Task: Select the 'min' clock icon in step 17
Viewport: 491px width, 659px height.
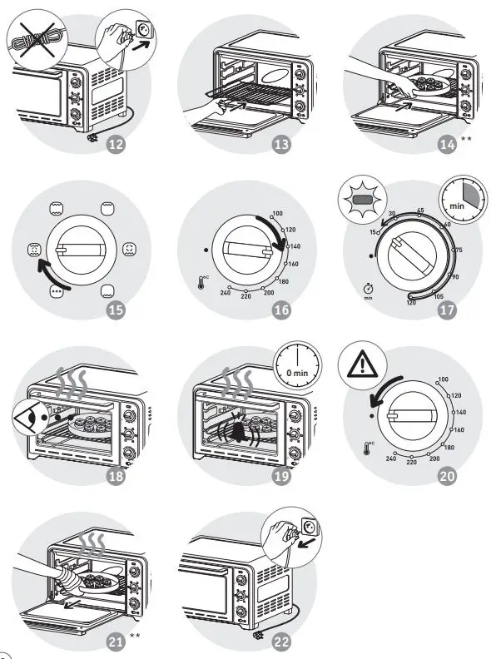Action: [454, 199]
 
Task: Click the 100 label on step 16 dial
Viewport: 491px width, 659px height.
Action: [277, 214]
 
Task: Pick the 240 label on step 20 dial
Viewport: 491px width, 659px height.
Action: [390, 458]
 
